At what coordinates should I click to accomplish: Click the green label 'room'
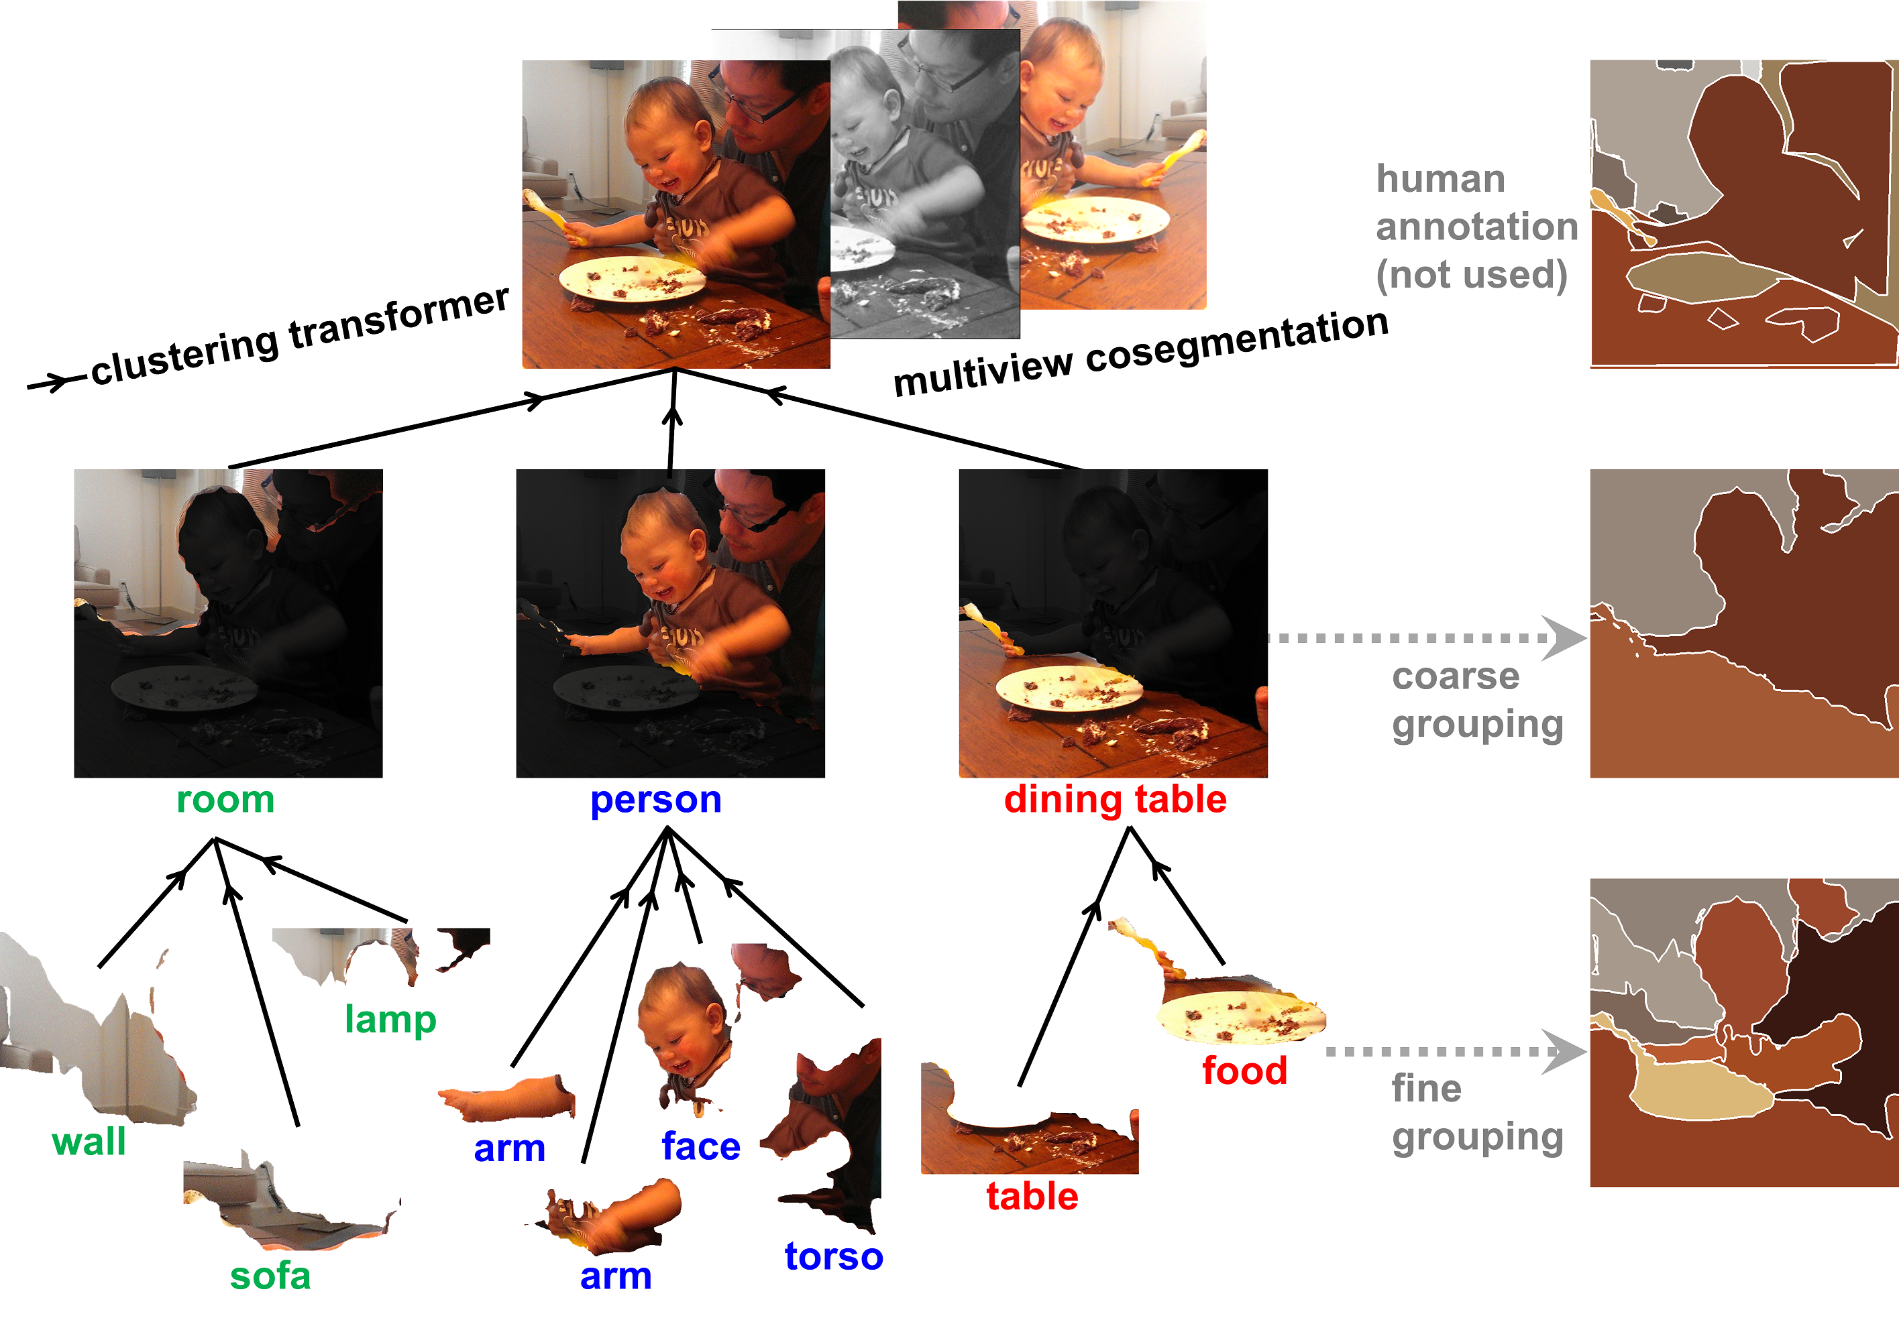[225, 800]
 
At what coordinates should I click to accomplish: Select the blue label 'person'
[655, 800]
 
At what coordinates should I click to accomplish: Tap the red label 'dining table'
[1114, 800]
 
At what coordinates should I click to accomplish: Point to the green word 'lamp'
[390, 1020]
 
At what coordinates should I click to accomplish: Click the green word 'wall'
[89, 1142]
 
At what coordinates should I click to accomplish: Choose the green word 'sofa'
[270, 1276]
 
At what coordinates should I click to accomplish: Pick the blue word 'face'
[700, 1147]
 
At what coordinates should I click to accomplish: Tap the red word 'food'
[1244, 1071]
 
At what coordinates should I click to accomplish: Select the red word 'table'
[1032, 1197]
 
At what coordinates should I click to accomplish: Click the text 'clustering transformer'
[299, 335]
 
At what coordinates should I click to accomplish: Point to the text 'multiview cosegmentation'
[1140, 351]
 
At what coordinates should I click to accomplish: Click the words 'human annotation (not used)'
[1476, 227]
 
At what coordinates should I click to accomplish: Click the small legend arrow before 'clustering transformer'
[51, 382]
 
